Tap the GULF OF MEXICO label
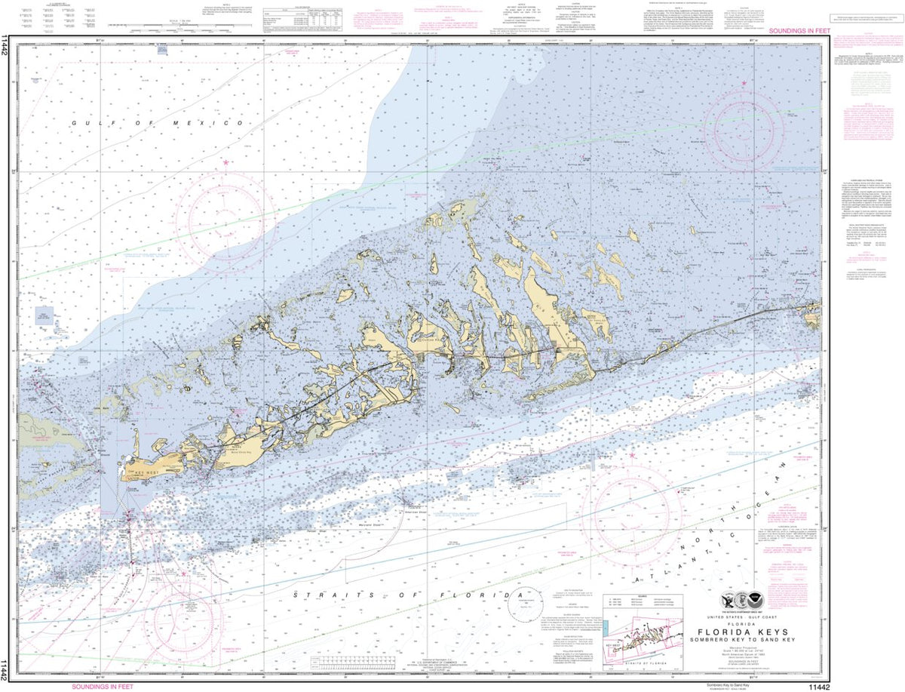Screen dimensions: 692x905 coord(158,122)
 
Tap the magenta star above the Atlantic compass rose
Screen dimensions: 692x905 coord(632,455)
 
